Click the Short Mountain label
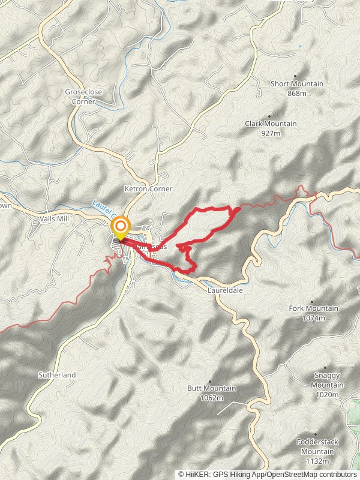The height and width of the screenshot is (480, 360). click(x=296, y=84)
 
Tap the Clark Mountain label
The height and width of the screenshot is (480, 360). click(x=271, y=124)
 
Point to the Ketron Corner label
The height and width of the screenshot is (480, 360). click(x=148, y=188)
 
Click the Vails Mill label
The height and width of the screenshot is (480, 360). click(x=55, y=219)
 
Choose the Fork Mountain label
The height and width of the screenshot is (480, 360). click(x=314, y=308)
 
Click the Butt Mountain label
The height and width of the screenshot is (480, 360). click(x=212, y=388)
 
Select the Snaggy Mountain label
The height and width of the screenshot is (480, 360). click(x=328, y=380)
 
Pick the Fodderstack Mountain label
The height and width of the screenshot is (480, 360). click(x=318, y=446)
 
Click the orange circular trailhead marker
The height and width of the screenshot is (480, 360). click(x=121, y=226)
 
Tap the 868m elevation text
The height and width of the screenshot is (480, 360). click(x=297, y=94)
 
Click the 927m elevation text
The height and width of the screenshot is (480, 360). click(x=271, y=133)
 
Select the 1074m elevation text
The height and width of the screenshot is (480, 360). click(x=314, y=317)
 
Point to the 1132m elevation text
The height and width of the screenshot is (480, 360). click(x=318, y=461)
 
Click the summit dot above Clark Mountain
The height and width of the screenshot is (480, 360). click(x=269, y=116)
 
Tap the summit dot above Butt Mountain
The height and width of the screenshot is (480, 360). click(x=211, y=380)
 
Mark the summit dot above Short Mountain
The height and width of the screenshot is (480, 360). click(x=295, y=76)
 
